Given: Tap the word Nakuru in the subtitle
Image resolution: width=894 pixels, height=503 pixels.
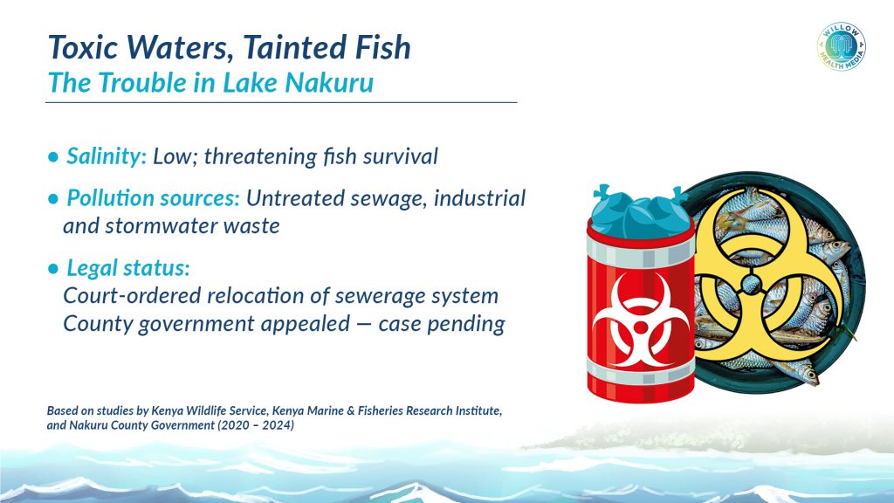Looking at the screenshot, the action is coord(329,83).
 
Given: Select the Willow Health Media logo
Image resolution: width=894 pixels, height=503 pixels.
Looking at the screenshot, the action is coord(842,47).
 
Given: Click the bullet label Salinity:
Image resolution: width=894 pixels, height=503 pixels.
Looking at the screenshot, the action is coord(107,156).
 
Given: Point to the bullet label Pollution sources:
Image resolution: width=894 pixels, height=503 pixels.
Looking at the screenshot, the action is coord(153,198).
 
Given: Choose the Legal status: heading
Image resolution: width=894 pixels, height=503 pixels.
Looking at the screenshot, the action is coord(128,268).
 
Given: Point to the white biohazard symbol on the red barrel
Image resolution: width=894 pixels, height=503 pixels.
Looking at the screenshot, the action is coord(641,320).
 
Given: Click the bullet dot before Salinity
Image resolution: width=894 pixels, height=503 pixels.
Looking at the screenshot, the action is coord(53,157).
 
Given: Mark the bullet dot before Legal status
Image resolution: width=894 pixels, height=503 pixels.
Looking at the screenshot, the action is coord(53,269).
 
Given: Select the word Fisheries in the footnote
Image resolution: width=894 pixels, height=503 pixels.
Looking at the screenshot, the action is coord(381,410).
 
